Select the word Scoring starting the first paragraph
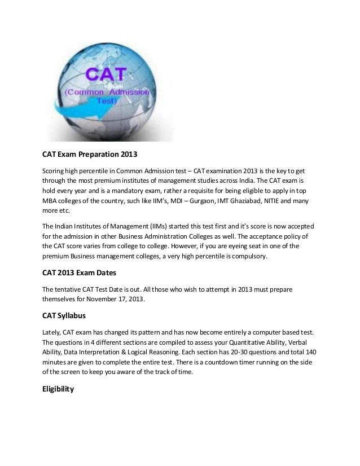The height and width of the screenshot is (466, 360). pos(54,171)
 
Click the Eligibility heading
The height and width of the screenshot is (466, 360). pos(59,388)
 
